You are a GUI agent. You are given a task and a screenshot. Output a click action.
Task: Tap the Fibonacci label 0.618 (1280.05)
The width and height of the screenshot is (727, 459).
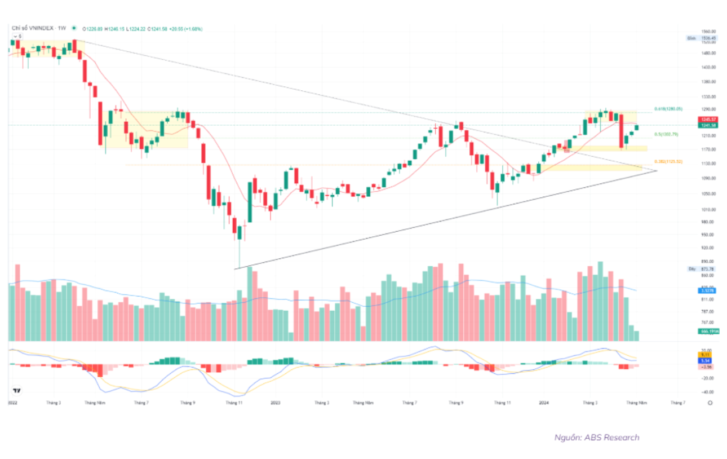coord(668,109)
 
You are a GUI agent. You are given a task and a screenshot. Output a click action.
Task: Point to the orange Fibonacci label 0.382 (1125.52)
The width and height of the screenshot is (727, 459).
coord(668,162)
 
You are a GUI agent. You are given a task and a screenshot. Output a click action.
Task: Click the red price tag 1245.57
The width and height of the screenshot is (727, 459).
coord(708,120)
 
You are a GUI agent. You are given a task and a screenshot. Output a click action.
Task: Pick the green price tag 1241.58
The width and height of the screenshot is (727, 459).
coord(708,126)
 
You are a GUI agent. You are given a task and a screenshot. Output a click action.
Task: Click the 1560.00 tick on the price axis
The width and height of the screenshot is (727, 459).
coord(708,32)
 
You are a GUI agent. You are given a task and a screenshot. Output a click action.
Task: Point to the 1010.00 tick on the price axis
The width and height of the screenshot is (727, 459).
coord(708,209)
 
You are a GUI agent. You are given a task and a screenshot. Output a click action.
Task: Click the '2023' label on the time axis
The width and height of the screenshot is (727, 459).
coord(276,403)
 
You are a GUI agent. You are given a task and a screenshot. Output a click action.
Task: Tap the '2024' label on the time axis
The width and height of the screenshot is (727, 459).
coord(544,403)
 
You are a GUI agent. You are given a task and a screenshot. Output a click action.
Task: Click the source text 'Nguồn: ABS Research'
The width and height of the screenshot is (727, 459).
coord(597,438)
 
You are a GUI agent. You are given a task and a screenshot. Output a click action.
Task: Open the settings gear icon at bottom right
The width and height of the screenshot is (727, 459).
coord(710,403)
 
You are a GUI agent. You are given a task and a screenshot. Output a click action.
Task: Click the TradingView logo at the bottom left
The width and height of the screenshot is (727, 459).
coord(17,390)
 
